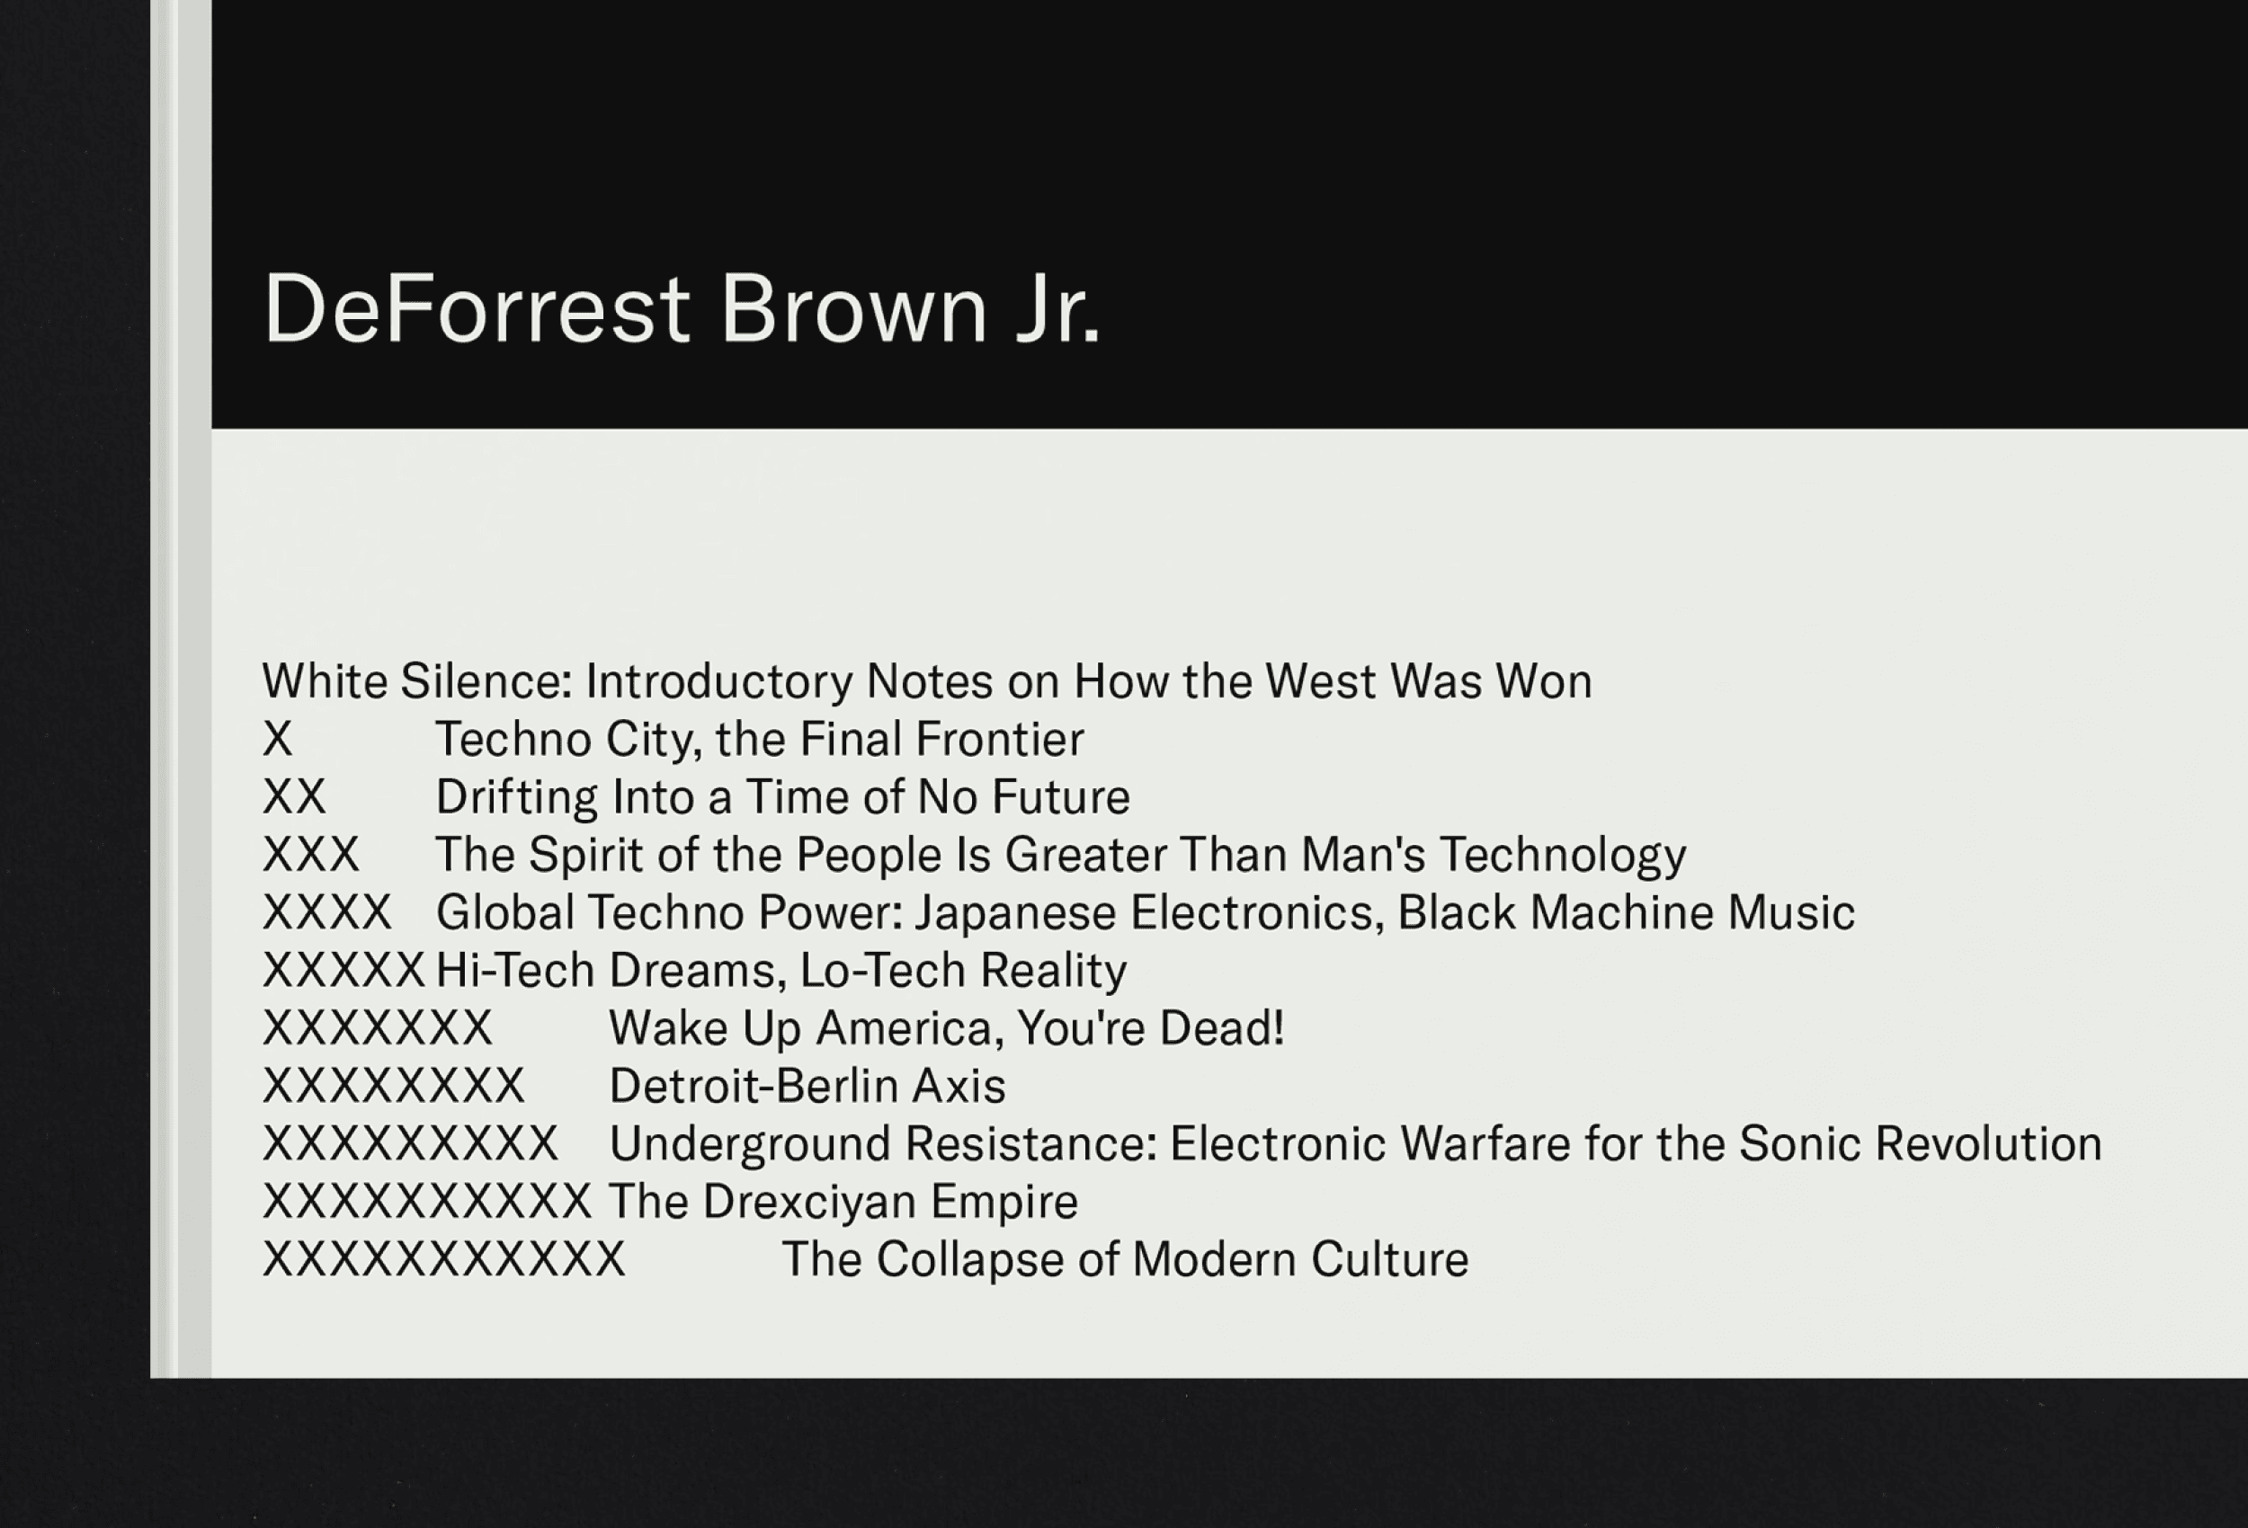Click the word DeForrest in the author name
[x=477, y=307]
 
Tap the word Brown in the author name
[x=854, y=307]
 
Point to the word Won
[x=1544, y=680]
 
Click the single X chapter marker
[x=278, y=739]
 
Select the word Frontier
[x=1000, y=739]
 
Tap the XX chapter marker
[x=294, y=797]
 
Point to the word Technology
[x=1563, y=856]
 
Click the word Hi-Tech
[x=515, y=970]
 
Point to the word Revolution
[x=1988, y=1143]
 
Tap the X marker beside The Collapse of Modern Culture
[x=444, y=1259]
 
